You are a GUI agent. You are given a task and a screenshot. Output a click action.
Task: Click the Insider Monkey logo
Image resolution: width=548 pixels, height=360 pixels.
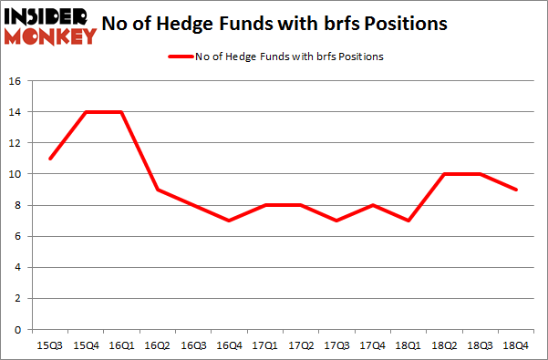pos(50,25)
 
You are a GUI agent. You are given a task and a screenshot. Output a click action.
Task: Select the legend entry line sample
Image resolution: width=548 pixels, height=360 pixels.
pos(181,57)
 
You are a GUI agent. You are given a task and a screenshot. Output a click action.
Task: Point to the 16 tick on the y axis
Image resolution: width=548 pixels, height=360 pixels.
pos(15,80)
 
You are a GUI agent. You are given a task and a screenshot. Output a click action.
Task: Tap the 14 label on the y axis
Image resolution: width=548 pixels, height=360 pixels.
pos(15,111)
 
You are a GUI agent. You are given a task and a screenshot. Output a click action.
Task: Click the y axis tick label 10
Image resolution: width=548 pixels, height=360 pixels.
pos(15,174)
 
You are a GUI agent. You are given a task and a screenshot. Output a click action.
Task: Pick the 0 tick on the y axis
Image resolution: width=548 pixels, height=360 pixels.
pos(18,329)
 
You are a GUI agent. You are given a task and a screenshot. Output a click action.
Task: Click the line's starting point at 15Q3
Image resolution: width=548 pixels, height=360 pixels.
pos(51,159)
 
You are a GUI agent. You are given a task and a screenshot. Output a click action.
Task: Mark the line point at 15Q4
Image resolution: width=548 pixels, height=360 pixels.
pos(87,111)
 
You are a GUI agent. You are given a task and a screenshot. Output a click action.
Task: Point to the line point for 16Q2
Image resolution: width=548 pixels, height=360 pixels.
pos(159,190)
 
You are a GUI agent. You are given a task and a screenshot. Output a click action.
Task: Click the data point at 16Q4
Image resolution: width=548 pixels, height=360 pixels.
pos(231,221)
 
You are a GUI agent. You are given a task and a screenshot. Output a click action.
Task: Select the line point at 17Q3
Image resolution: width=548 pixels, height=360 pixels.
pos(338,221)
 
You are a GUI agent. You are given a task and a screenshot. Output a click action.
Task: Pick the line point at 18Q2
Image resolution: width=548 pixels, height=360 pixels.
pos(446,174)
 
